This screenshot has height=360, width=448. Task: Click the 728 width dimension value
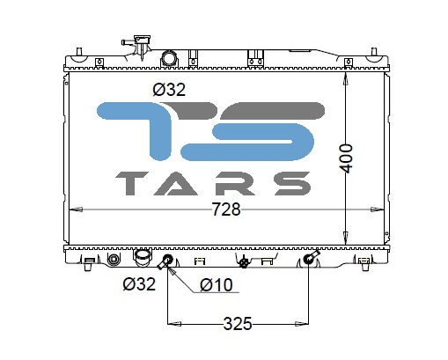(226, 209)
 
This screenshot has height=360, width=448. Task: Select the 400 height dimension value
(346, 158)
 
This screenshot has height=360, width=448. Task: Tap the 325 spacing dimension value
(238, 324)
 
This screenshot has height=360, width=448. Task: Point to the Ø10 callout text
(217, 285)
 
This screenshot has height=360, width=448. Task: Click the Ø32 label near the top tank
(169, 90)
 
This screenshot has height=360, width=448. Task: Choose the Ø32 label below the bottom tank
(139, 284)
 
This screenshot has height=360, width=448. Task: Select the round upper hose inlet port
(169, 58)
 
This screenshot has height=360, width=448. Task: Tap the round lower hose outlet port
(143, 257)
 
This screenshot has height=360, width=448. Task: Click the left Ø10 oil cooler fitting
(165, 261)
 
